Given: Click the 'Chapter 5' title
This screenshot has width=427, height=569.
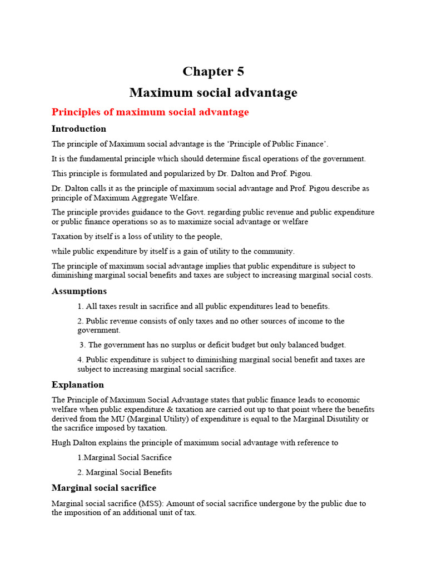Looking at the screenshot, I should click(213, 72).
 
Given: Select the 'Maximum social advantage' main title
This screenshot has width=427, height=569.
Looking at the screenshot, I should click(213, 92).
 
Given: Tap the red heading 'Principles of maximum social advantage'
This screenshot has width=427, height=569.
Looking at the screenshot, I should click(150, 112).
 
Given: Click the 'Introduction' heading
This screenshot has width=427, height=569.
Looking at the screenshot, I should click(79, 129).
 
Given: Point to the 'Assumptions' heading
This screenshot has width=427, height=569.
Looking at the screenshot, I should click(79, 291).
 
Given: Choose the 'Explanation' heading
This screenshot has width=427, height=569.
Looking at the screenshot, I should click(78, 385).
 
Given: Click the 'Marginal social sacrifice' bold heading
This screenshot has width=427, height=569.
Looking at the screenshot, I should click(104, 488).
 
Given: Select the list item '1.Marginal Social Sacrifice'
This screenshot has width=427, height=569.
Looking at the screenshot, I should click(125, 457).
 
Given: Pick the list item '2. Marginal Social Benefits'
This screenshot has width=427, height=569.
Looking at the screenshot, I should click(125, 472).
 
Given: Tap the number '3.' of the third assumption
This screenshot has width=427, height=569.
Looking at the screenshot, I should click(83, 345).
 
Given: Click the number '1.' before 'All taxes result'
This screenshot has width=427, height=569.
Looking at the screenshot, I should click(81, 306).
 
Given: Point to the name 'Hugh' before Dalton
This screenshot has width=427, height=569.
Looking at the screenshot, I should click(61, 443).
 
